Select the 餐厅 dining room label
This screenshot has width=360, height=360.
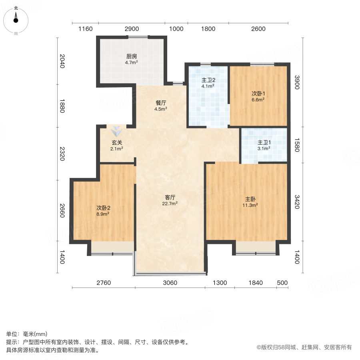point(161,102)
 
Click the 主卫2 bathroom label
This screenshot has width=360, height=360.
point(208,80)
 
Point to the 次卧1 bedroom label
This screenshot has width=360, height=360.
point(258,94)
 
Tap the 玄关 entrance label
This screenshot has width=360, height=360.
point(117,142)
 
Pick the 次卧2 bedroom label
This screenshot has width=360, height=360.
point(103,208)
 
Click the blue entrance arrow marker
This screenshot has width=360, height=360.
point(117,131)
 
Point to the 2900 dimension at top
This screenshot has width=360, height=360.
point(132,29)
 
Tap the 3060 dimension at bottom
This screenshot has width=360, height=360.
point(170,283)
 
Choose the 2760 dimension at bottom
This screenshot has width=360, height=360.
point(103,283)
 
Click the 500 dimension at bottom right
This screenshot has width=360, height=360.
point(282,283)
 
